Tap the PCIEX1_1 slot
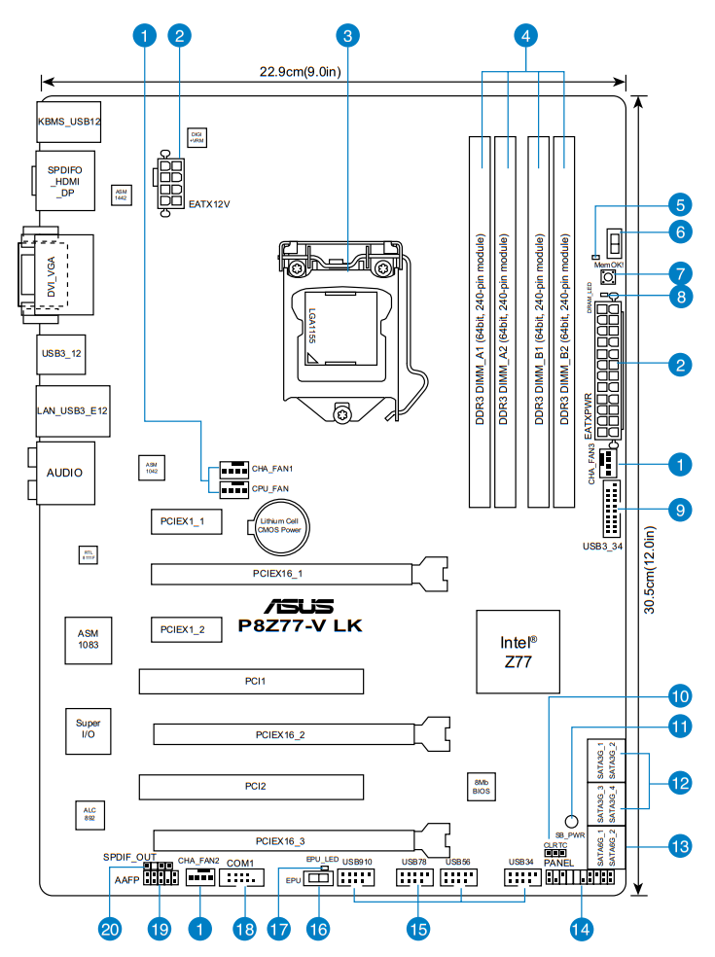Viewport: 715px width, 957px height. pyautogui.click(x=185, y=522)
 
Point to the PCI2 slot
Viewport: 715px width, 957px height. pyautogui.click(x=250, y=784)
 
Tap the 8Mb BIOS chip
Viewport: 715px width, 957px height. pyautogui.click(x=480, y=787)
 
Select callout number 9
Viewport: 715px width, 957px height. pyautogui.click(x=680, y=509)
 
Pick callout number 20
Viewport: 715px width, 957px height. pyautogui.click(x=111, y=929)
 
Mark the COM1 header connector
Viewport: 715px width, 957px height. pyautogui.click(x=240, y=879)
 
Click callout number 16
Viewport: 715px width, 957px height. pyautogui.click(x=317, y=929)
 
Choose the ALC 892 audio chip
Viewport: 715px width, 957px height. pyautogui.click(x=89, y=815)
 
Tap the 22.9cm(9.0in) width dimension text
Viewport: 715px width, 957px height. pyautogui.click(x=300, y=71)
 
